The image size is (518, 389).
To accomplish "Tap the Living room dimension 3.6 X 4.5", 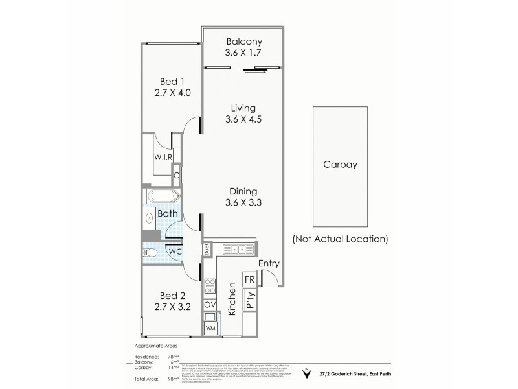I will pos(243,119).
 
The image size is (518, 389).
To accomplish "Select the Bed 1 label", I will pos(172,81).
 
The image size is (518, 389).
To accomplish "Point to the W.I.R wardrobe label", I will pos(162,158).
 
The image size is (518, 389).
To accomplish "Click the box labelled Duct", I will pos(207,248).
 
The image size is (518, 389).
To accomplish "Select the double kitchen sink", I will pos(237,249).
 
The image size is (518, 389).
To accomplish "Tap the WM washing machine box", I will pos(210,329).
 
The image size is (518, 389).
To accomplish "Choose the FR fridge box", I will pos(249,279).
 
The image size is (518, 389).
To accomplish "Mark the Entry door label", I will pos(269,264).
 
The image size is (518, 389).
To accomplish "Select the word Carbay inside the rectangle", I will pos(340,165).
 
